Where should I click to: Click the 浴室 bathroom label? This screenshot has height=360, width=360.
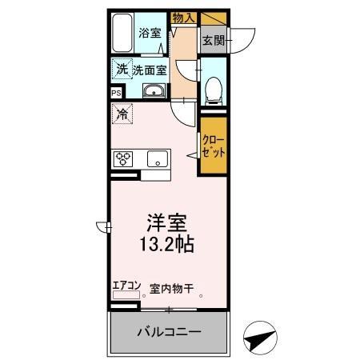pyautogui.click(x=150, y=33)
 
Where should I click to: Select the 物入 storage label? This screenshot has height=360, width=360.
pyautogui.click(x=184, y=16)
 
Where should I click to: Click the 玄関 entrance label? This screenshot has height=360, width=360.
pyautogui.click(x=213, y=39)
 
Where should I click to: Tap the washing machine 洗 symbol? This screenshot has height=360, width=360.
pyautogui.click(x=121, y=69)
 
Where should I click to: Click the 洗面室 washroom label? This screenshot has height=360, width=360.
pyautogui.click(x=150, y=70)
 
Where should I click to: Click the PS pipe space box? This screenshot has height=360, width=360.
pyautogui.click(x=116, y=93)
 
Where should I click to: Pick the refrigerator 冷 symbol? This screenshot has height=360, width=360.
pyautogui.click(x=122, y=115)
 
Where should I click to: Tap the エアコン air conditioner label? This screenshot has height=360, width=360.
pyautogui.click(x=126, y=285)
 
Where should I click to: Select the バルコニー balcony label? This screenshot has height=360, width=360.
pyautogui.click(x=168, y=331)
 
